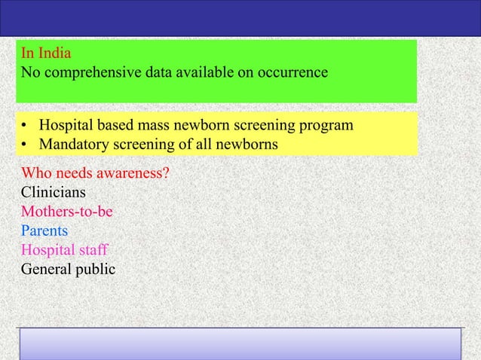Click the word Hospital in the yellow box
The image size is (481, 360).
[66, 124]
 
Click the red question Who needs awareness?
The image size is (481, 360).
[95, 174]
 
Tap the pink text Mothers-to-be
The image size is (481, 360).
[67, 212]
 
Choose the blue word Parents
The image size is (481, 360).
[44, 230]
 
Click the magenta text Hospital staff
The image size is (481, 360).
[64, 249]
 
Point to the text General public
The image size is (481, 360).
[68, 268]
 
